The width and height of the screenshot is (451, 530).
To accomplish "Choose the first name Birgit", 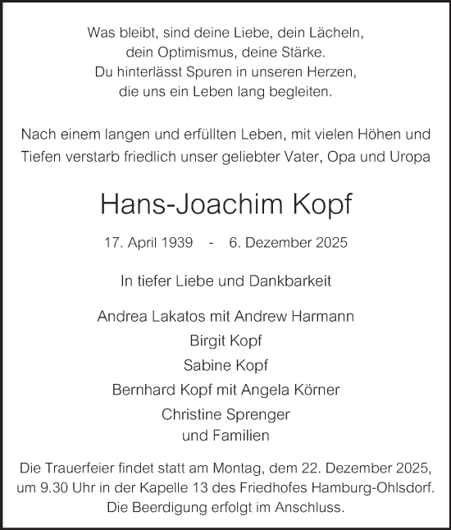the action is pos(206,340).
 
